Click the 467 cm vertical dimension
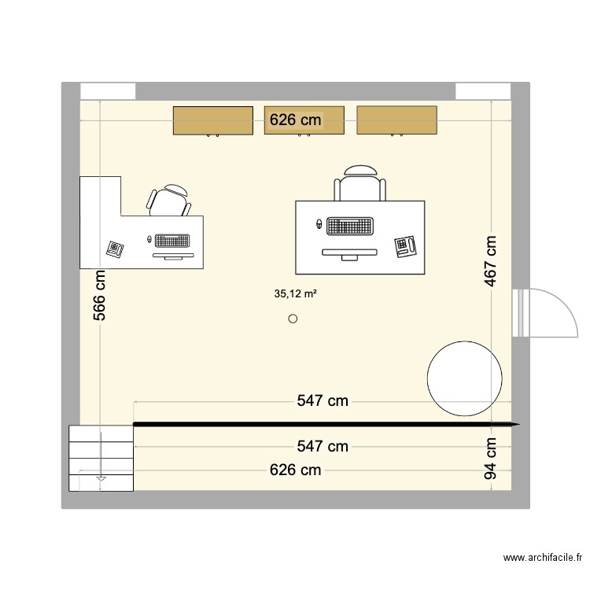coord(491,262)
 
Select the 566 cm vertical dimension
coord(100,297)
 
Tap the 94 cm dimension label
coord(491,459)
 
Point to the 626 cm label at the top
coord(296,120)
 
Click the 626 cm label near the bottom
coord(295,470)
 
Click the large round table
coord(464,379)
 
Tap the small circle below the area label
coord(293,319)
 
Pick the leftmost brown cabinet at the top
coord(212,120)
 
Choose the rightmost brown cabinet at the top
coord(396,120)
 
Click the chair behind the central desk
coord(360,186)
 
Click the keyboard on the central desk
coord(349,226)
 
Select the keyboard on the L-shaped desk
coord(173,240)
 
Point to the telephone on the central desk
coord(404,245)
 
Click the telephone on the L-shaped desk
coord(116,249)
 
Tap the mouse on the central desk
coord(319,224)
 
